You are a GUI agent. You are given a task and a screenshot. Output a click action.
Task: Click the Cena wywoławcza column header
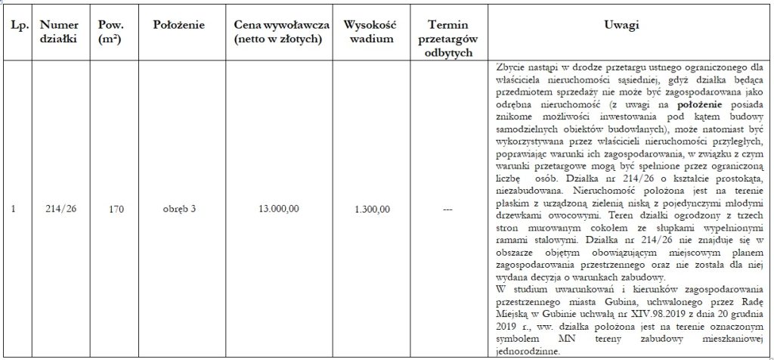pyautogui.click(x=278, y=32)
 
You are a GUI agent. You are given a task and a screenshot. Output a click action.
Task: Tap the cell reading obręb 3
pyautogui.click(x=179, y=209)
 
